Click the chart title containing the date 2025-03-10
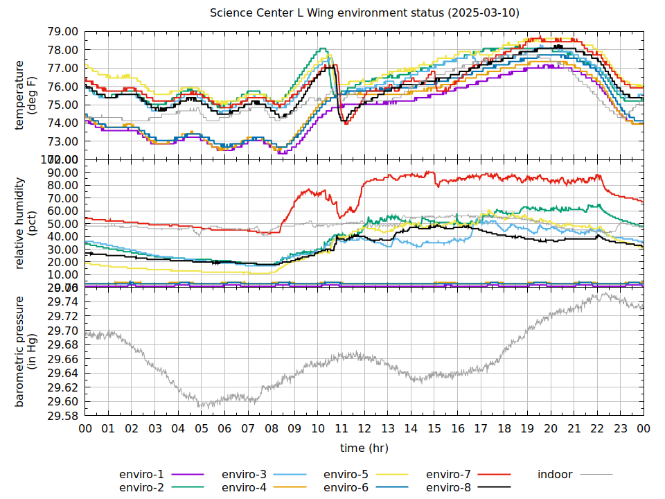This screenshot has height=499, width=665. click(x=365, y=13)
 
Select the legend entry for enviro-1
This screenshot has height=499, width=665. click(x=141, y=475)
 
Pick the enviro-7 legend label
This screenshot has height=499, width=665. click(x=448, y=475)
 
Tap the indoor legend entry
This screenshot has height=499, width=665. click(x=555, y=475)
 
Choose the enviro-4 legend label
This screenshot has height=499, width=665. click(x=244, y=488)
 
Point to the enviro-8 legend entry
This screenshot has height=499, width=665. click(x=448, y=488)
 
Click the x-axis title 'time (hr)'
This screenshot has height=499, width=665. click(x=364, y=448)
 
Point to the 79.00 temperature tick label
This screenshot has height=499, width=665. click(x=62, y=32)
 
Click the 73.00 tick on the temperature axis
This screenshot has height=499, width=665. click(x=62, y=141)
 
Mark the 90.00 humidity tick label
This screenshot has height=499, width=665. click(x=62, y=172)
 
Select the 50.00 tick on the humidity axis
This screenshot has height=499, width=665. click(x=62, y=224)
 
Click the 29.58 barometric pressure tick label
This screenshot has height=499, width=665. click(x=62, y=416)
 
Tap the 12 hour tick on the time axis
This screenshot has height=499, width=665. click(x=364, y=430)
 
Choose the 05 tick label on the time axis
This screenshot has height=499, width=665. click(x=202, y=430)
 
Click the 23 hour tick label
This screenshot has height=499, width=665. click(x=621, y=430)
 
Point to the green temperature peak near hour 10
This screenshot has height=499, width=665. click(x=322, y=49)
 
